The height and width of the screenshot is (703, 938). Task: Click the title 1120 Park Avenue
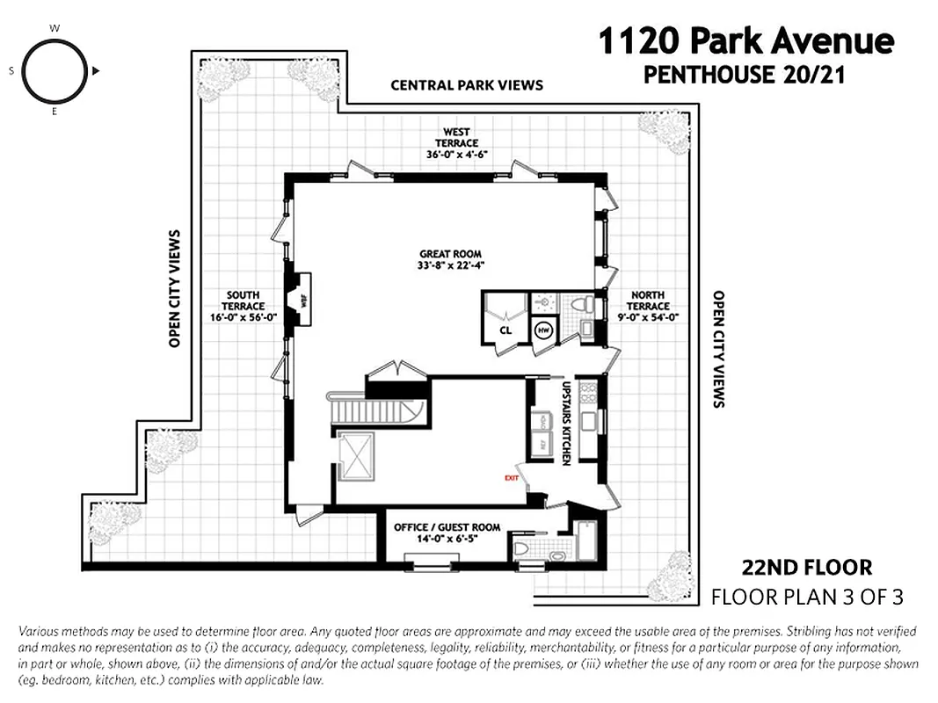(x=745, y=40)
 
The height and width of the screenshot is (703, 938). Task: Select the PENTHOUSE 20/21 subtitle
(x=744, y=75)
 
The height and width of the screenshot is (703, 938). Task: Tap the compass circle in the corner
(x=55, y=70)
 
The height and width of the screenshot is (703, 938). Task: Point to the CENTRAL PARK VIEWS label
(x=466, y=85)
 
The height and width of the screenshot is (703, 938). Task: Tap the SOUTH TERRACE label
(x=244, y=306)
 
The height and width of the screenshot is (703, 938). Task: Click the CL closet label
(x=505, y=330)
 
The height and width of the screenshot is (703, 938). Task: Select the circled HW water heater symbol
(x=543, y=330)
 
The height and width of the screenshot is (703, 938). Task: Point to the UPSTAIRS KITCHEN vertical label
(x=566, y=423)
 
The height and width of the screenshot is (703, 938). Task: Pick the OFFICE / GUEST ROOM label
(x=447, y=527)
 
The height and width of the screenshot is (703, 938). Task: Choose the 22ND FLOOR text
(x=807, y=568)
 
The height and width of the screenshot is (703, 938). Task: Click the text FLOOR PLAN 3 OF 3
(x=807, y=598)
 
